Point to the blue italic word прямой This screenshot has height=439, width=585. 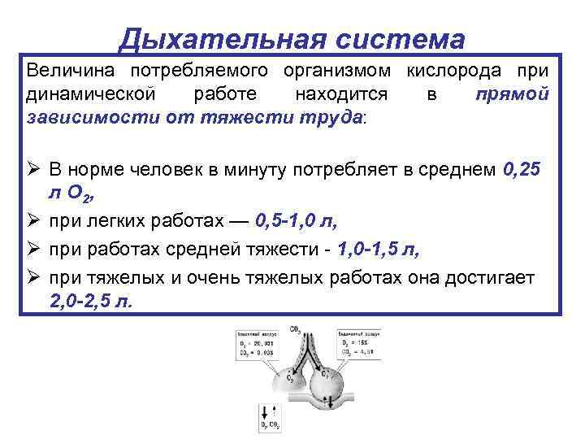pyautogui.click(x=513, y=93)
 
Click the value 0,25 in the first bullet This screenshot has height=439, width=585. pyautogui.click(x=528, y=169)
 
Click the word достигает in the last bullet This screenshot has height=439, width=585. pyautogui.click(x=488, y=278)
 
